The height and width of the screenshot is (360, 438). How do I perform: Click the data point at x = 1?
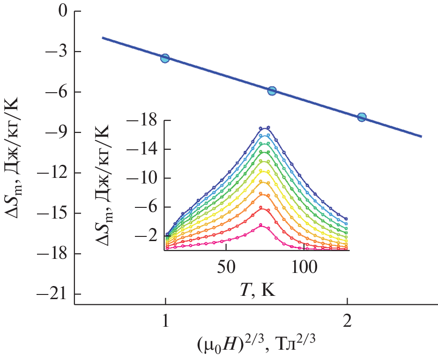coord(165,58)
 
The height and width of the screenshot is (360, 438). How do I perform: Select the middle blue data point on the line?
coord(272,91)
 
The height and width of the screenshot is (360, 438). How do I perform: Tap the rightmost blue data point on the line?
coord(362,117)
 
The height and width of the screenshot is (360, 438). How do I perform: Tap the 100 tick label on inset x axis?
coord(304,267)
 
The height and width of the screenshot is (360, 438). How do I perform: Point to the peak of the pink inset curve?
coord(261,225)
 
